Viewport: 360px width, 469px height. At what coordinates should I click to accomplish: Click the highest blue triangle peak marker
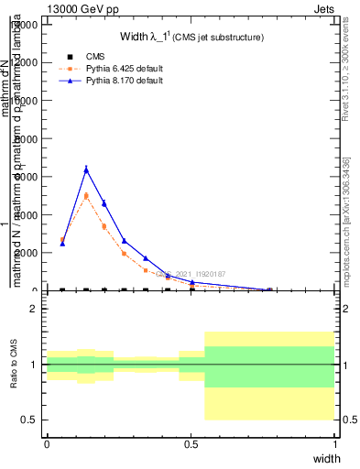point(86,169)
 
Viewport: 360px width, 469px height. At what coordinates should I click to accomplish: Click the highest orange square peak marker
point(86,195)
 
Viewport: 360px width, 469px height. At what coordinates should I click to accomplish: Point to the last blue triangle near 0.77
point(268,289)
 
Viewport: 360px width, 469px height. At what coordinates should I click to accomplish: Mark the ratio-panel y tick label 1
point(36,365)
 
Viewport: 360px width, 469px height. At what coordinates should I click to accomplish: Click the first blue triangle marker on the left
point(62,244)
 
